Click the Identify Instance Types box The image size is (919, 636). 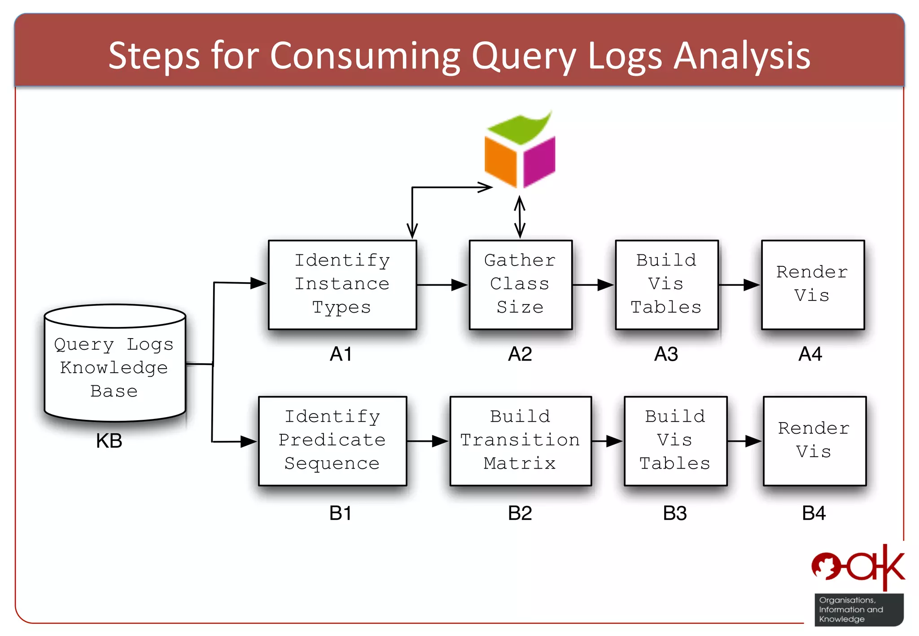click(342, 284)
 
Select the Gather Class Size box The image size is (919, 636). click(520, 284)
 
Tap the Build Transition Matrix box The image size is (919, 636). click(520, 440)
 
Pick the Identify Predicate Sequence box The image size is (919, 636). click(332, 440)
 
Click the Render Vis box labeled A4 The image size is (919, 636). click(812, 284)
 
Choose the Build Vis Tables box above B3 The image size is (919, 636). click(675, 440)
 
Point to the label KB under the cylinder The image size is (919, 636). click(109, 441)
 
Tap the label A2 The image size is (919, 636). click(520, 354)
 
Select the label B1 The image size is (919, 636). click(340, 513)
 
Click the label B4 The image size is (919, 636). click(813, 513)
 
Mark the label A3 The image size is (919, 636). click(666, 354)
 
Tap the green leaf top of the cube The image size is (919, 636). click(521, 128)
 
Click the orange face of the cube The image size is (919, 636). click(501, 161)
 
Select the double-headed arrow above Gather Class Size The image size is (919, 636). click(520, 217)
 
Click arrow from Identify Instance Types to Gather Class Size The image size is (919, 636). click(442, 284)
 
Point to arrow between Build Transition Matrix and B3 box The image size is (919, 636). click(607, 441)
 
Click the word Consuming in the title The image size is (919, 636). click(365, 56)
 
